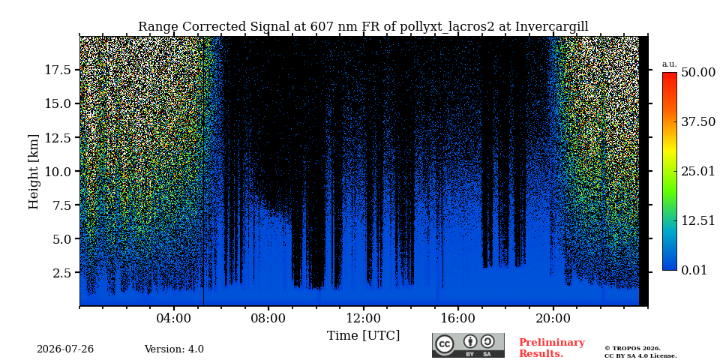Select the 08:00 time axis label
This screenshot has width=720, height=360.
coord(268,318)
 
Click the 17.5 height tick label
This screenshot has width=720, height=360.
coord(58,70)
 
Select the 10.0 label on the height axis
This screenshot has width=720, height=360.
coord(58,171)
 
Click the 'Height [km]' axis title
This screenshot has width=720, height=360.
coord(34,172)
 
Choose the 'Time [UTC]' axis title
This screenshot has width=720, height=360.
coord(363,336)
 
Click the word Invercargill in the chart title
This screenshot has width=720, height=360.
coord(551,27)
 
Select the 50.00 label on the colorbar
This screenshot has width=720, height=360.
coord(698,73)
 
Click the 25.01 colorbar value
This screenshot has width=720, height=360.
coord(698,172)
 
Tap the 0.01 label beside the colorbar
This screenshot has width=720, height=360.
coord(695,270)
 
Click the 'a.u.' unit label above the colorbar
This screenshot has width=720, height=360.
coord(670,64)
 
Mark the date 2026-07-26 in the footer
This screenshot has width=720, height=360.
coord(65,349)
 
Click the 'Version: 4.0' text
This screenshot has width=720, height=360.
coord(174,349)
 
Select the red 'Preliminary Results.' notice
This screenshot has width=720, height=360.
coord(552,348)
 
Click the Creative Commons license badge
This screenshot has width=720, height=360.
coord(468,345)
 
